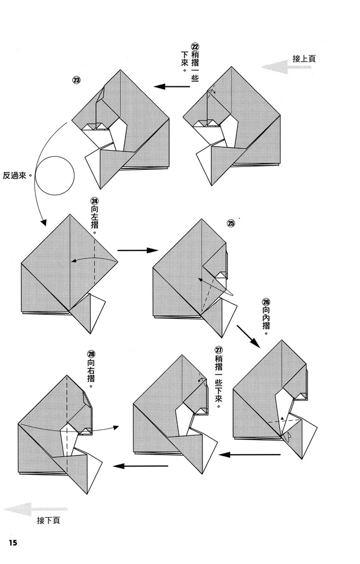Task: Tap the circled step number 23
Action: point(77,80)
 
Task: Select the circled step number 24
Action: point(94,201)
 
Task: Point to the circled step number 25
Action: point(230,223)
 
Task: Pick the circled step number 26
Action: point(266,302)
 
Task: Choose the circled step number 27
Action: point(218,350)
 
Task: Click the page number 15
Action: point(14,543)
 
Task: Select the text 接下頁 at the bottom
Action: point(49,520)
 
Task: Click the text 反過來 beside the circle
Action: point(17,176)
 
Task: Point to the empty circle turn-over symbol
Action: point(55,176)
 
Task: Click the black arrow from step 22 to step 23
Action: point(173,87)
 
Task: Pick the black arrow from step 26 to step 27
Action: point(249,454)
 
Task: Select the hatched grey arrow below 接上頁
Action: point(286,68)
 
